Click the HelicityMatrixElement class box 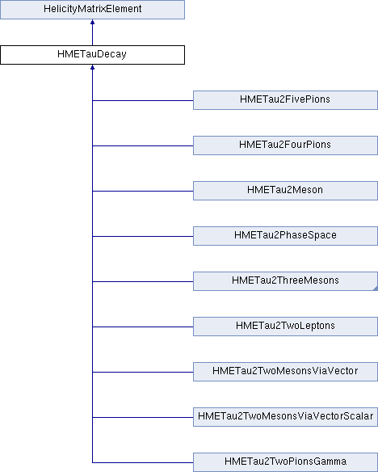(92, 10)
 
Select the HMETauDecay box (92, 55)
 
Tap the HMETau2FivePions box (285, 100)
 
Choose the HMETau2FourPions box (285, 145)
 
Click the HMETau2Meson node (285, 191)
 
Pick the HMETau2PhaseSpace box (285, 236)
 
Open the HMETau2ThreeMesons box (285, 281)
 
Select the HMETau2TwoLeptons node (285, 327)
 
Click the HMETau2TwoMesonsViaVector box (285, 372)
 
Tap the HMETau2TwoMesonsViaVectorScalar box (285, 417)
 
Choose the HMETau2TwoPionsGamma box (285, 462)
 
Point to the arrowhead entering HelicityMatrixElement (92, 22)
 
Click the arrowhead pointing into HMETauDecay (92, 67)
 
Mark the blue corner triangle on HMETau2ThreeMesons (376, 289)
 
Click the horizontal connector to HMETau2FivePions (143, 100)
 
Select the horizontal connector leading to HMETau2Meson (143, 191)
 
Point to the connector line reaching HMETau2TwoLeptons (143, 327)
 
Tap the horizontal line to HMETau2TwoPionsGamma (143, 462)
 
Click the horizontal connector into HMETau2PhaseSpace (143, 236)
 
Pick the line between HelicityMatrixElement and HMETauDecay (92, 35)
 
